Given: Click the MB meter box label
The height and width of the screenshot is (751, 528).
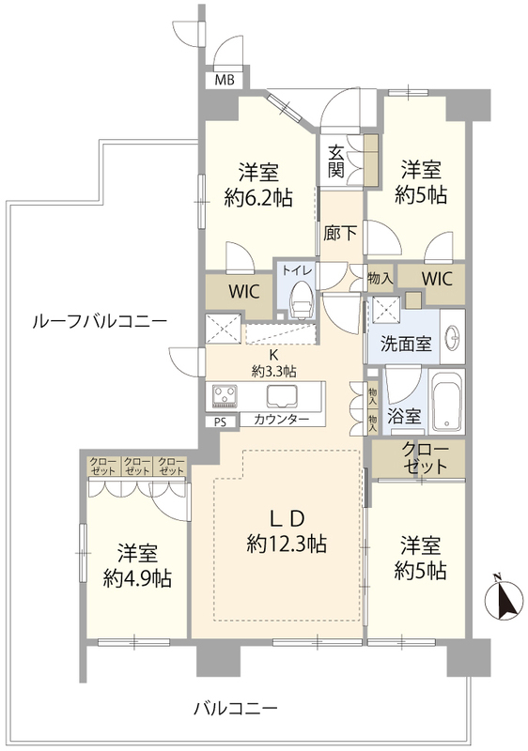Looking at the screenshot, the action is (x=225, y=81).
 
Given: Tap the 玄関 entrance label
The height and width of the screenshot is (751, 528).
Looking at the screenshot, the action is (x=335, y=162).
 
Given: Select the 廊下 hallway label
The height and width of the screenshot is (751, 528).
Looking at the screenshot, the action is (x=340, y=233).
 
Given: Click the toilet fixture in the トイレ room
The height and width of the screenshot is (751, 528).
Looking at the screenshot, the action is (x=302, y=300).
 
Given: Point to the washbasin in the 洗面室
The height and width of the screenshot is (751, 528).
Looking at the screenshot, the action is (x=452, y=338).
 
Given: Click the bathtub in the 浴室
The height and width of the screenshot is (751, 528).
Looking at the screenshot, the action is (x=447, y=402).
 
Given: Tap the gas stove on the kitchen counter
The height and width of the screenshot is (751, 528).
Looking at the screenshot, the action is (x=223, y=396).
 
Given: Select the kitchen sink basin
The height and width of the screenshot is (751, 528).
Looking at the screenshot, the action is (x=283, y=395).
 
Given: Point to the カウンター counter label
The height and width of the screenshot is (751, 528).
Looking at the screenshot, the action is (x=282, y=420).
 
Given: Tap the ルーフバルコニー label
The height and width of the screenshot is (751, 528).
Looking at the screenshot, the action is (x=100, y=322).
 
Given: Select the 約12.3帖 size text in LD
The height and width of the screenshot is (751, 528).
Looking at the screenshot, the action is (x=287, y=544).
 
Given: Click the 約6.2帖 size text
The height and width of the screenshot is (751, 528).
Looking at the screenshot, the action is (x=258, y=196).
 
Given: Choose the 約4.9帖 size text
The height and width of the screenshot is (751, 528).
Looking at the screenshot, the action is (x=137, y=578).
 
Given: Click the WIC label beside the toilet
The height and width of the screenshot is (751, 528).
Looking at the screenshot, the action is (x=243, y=291).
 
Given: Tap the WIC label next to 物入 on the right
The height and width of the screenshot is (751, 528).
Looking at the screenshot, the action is (x=437, y=278).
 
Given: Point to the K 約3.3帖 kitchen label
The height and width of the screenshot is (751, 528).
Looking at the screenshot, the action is (x=274, y=362).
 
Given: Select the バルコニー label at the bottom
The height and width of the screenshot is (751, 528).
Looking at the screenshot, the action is (x=236, y=707).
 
